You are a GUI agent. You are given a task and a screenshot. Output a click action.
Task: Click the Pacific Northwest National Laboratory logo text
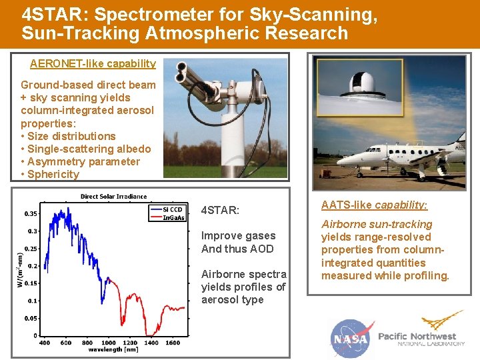(421, 339)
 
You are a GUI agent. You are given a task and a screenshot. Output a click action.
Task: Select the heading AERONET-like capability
(93, 64)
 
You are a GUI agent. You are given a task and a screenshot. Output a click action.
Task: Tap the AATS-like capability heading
(374, 205)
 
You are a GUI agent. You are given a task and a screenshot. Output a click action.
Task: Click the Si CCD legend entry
(172, 209)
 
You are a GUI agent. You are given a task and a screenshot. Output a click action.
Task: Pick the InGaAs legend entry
(174, 218)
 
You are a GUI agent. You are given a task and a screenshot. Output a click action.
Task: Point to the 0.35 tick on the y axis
(30, 214)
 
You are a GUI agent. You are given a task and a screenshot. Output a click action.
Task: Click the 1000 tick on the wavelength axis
(109, 343)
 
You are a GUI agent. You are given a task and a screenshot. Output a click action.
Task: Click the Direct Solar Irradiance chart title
(113, 197)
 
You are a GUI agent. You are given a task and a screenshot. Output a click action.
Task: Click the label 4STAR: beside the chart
(220, 211)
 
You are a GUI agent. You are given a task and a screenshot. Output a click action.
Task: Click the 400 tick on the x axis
(44, 343)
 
